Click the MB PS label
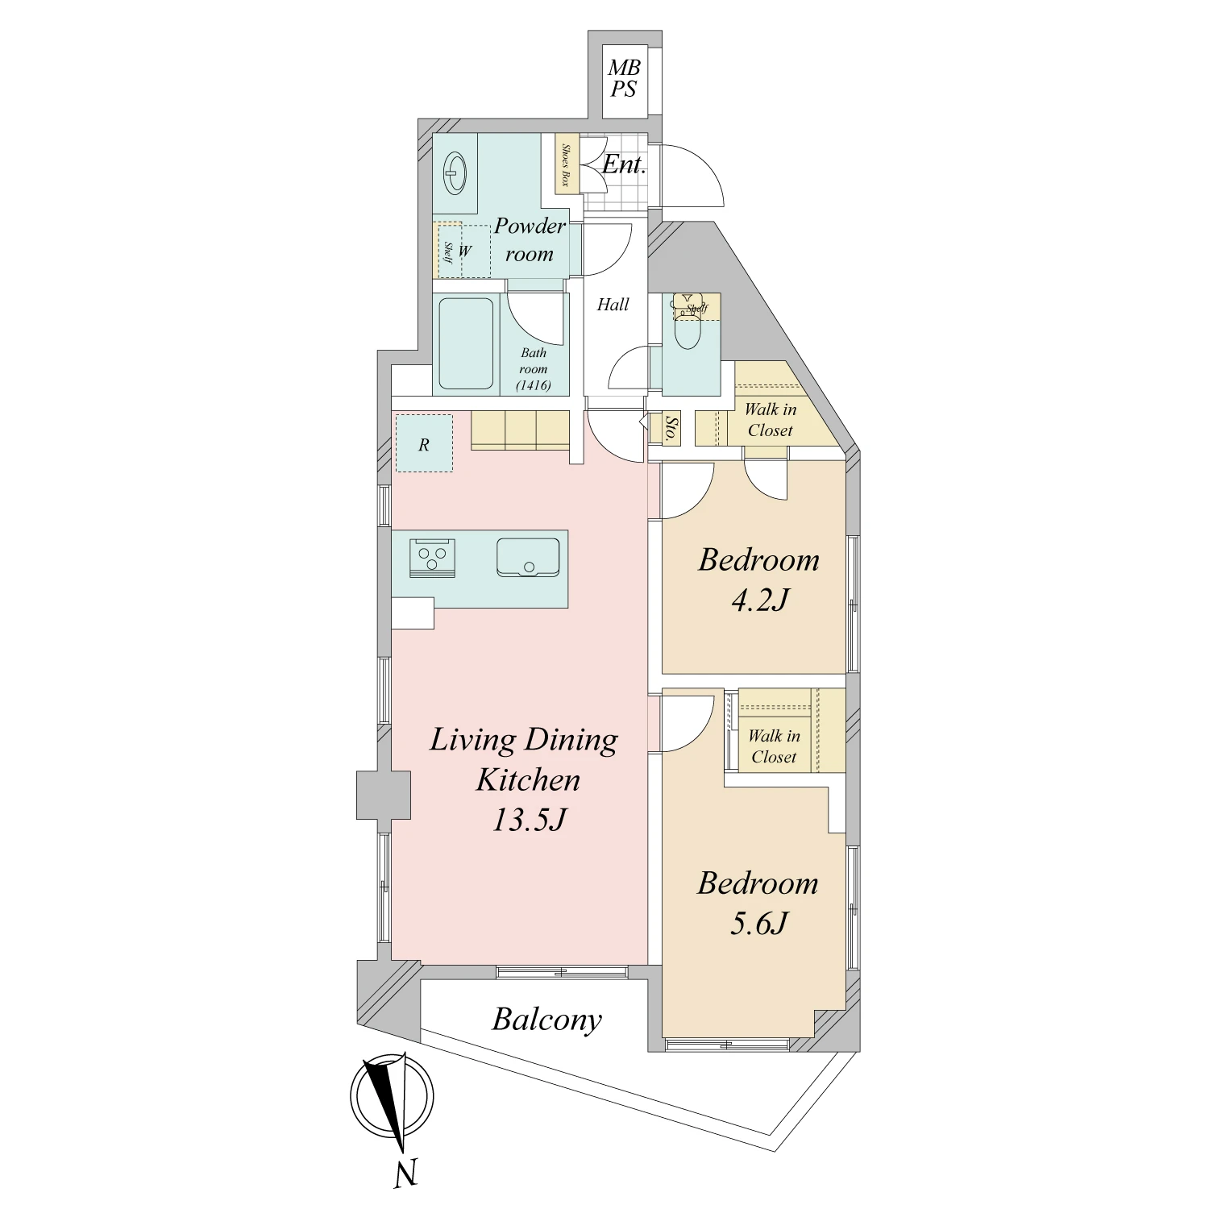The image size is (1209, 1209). tap(624, 79)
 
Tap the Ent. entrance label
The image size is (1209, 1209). tap(624, 164)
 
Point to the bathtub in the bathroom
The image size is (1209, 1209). tap(466, 344)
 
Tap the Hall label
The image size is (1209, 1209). tap(613, 305)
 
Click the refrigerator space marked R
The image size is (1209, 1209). tap(424, 443)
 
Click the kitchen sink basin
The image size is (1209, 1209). tap(528, 557)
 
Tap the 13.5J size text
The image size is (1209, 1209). tap(529, 820)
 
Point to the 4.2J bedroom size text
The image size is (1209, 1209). tap(760, 600)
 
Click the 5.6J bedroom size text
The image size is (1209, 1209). tap(759, 923)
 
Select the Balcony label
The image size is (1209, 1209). tap(547, 1020)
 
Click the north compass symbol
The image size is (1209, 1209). tap(392, 1096)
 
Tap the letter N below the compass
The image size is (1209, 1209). tap(406, 1174)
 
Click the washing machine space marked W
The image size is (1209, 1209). tap(464, 251)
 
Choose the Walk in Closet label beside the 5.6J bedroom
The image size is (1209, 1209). tap(774, 746)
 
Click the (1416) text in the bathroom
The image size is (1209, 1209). tap(534, 385)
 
